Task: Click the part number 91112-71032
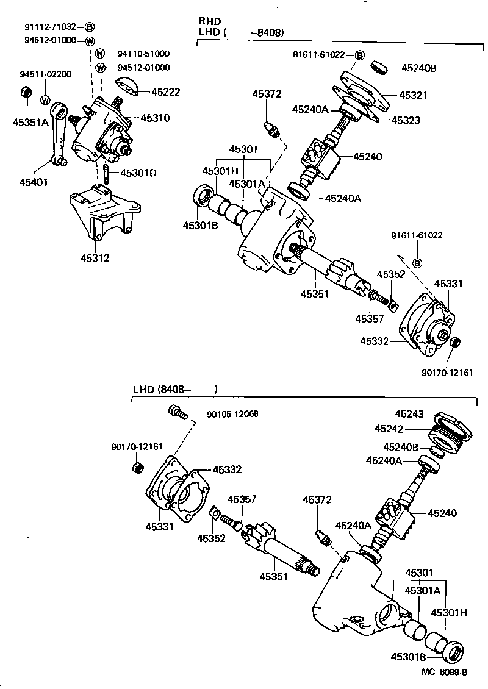tap(51, 27)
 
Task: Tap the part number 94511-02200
tap(45, 74)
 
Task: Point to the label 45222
tap(166, 92)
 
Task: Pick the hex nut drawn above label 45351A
tap(26, 93)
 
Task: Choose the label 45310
tap(155, 118)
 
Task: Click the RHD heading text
tap(208, 21)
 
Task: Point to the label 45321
tap(413, 95)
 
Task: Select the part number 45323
tap(405, 120)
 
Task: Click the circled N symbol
tap(101, 54)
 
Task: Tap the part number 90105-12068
tap(232, 414)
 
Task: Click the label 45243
tap(409, 413)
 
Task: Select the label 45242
tap(389, 429)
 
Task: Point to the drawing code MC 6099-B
tap(444, 672)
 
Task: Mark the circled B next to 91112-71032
tap(90, 27)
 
